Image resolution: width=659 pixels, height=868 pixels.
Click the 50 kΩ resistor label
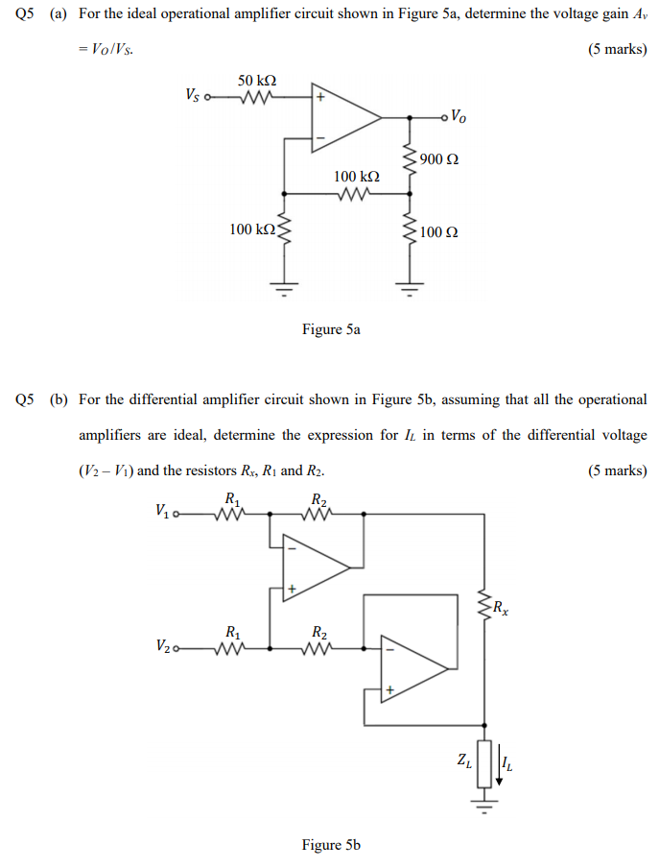(257, 80)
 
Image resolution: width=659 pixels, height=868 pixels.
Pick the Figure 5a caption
(331, 329)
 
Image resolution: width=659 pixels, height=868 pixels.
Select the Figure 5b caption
(331, 845)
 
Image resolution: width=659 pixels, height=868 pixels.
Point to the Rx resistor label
(500, 606)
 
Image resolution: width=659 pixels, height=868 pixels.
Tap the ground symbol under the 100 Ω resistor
(411, 287)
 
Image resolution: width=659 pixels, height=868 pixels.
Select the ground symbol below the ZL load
(484, 805)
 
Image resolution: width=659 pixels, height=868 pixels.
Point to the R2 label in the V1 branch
(319, 498)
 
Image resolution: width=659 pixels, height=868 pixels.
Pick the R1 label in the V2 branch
(231, 632)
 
